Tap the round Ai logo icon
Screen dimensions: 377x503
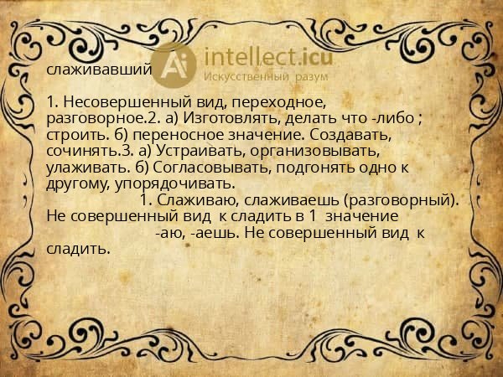(x=175, y=65)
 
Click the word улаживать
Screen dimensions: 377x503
(x=80, y=167)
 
